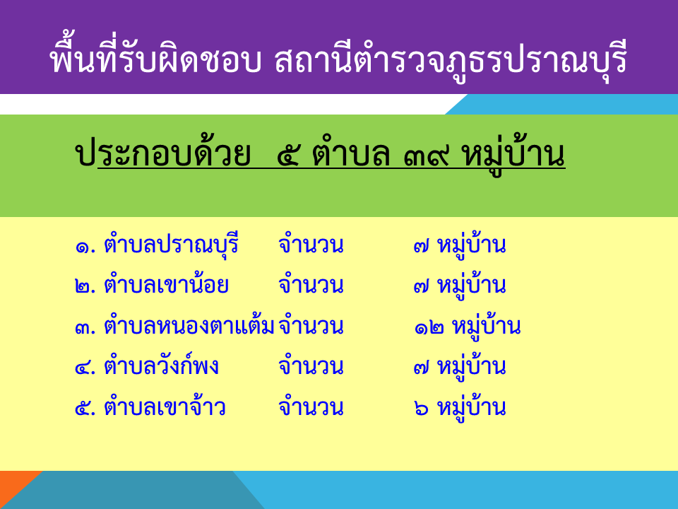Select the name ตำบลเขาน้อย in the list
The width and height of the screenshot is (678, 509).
coord(166,284)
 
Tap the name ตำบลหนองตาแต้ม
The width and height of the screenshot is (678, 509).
coord(189,324)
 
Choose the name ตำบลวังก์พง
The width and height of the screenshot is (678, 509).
coord(161,365)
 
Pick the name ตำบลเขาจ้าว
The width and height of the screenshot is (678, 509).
coord(165,406)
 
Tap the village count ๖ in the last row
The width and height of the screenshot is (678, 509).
coord(421,409)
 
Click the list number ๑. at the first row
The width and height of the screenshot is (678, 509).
coord(85,247)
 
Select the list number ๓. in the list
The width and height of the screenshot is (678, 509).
coord(85,328)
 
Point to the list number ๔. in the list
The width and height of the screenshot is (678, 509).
coord(85,368)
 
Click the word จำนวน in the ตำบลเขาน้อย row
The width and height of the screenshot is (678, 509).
coord(311,285)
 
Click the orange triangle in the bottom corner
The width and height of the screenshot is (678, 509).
coord(14,485)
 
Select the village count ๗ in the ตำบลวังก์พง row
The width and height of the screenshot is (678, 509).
coord(421,368)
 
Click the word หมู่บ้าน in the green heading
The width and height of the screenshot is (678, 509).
coord(513,156)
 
